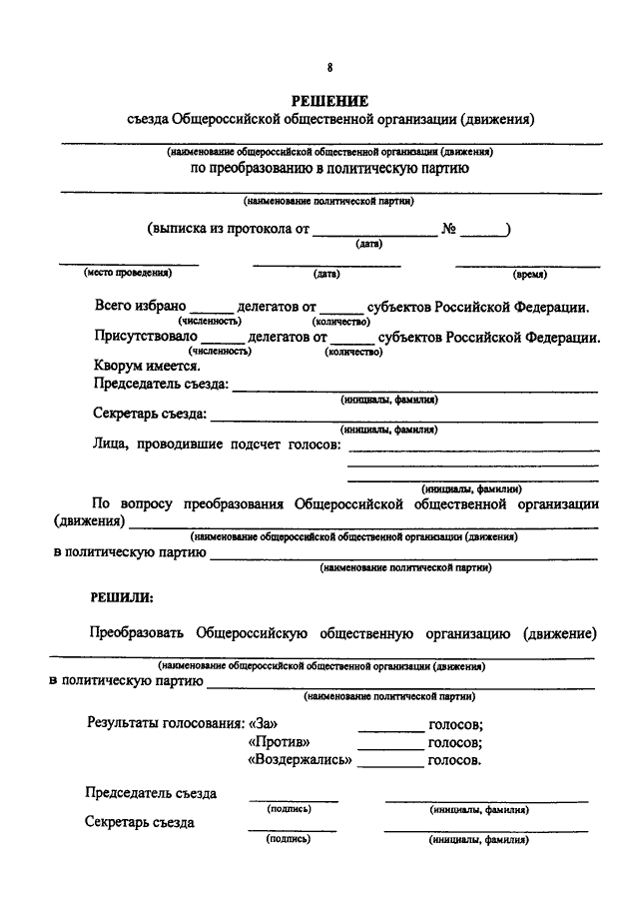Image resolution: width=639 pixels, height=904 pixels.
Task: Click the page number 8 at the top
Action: (330, 67)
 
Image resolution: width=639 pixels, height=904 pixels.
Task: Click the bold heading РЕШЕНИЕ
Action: (329, 100)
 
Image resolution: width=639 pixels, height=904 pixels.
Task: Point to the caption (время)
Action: (528, 273)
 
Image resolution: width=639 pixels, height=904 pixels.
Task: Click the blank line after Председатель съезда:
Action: (414, 390)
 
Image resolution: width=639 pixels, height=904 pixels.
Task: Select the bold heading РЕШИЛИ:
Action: (123, 597)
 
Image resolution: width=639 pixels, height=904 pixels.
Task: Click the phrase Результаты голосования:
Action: (165, 723)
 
